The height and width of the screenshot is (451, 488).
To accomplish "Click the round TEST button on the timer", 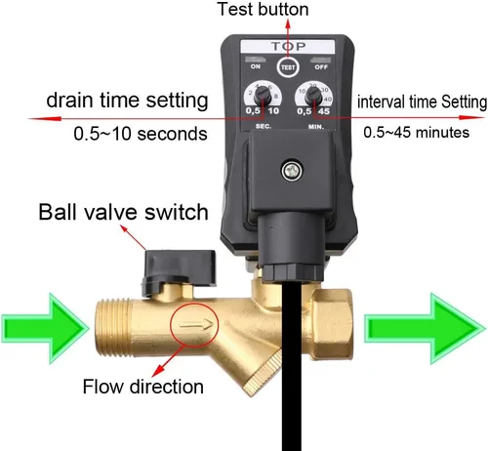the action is (x=288, y=67).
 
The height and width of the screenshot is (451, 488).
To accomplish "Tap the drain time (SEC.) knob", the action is (x=262, y=96).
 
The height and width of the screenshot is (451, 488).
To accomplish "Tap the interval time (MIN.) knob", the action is (x=313, y=96).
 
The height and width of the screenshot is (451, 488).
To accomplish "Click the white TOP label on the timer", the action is (x=288, y=47).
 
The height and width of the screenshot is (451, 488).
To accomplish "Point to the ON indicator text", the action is (x=256, y=66).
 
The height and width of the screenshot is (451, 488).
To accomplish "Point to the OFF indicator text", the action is (x=321, y=67).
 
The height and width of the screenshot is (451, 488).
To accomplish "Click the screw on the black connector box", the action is (x=292, y=170).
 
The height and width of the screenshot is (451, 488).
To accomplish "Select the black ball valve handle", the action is (x=179, y=271).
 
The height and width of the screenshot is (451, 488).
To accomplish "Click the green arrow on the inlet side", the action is (x=45, y=328).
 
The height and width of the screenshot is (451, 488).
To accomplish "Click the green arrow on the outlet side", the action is (x=425, y=328).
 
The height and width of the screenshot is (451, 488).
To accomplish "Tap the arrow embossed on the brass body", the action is (x=196, y=324).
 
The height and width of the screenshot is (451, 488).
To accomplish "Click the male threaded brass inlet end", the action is (x=113, y=328).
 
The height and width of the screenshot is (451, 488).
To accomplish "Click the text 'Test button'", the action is (x=263, y=9).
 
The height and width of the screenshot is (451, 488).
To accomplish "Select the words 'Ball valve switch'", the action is (x=123, y=212).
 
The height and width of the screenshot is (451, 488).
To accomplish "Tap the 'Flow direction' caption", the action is (x=143, y=387).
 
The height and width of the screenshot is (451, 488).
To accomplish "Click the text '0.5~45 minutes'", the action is (x=417, y=133).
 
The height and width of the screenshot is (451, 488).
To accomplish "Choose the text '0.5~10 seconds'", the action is (x=141, y=134).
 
